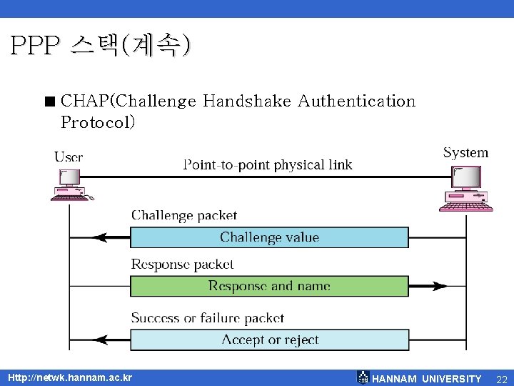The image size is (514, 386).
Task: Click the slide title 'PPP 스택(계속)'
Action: point(101,46)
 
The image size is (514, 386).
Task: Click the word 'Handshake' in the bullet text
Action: point(246,101)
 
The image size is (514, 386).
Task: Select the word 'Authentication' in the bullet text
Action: point(356,101)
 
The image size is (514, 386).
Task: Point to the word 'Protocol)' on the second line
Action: point(98,122)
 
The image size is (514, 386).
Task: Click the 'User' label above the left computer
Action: point(69,156)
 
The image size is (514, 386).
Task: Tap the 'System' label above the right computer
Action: point(465,152)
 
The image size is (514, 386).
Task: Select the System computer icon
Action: point(465,188)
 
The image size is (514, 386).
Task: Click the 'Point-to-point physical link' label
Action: point(268,165)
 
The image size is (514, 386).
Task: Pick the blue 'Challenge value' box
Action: point(269,237)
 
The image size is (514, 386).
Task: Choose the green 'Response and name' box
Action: point(269,286)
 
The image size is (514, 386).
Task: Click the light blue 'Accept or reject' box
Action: point(269,340)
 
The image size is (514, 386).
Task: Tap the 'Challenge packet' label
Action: point(184,215)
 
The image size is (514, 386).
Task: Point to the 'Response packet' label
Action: point(182,264)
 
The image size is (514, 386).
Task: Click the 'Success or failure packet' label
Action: point(207,318)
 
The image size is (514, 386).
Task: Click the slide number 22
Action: point(501,378)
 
